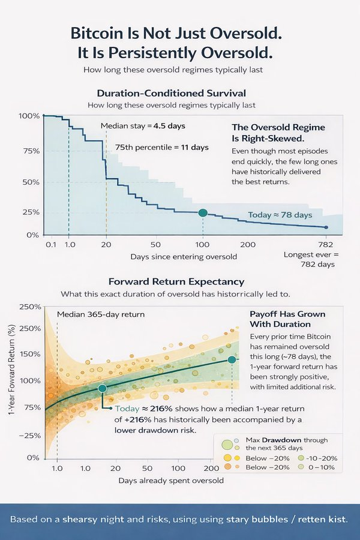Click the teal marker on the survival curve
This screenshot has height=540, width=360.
203,213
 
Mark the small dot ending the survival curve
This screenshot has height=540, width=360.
326,227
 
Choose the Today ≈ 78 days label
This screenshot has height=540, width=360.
280,215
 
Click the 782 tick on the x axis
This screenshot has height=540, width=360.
326,245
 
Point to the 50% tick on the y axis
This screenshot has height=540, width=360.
31,182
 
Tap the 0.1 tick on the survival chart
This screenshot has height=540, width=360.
50,245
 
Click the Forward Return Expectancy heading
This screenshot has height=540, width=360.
167,281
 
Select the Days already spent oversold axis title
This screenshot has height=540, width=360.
172,481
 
